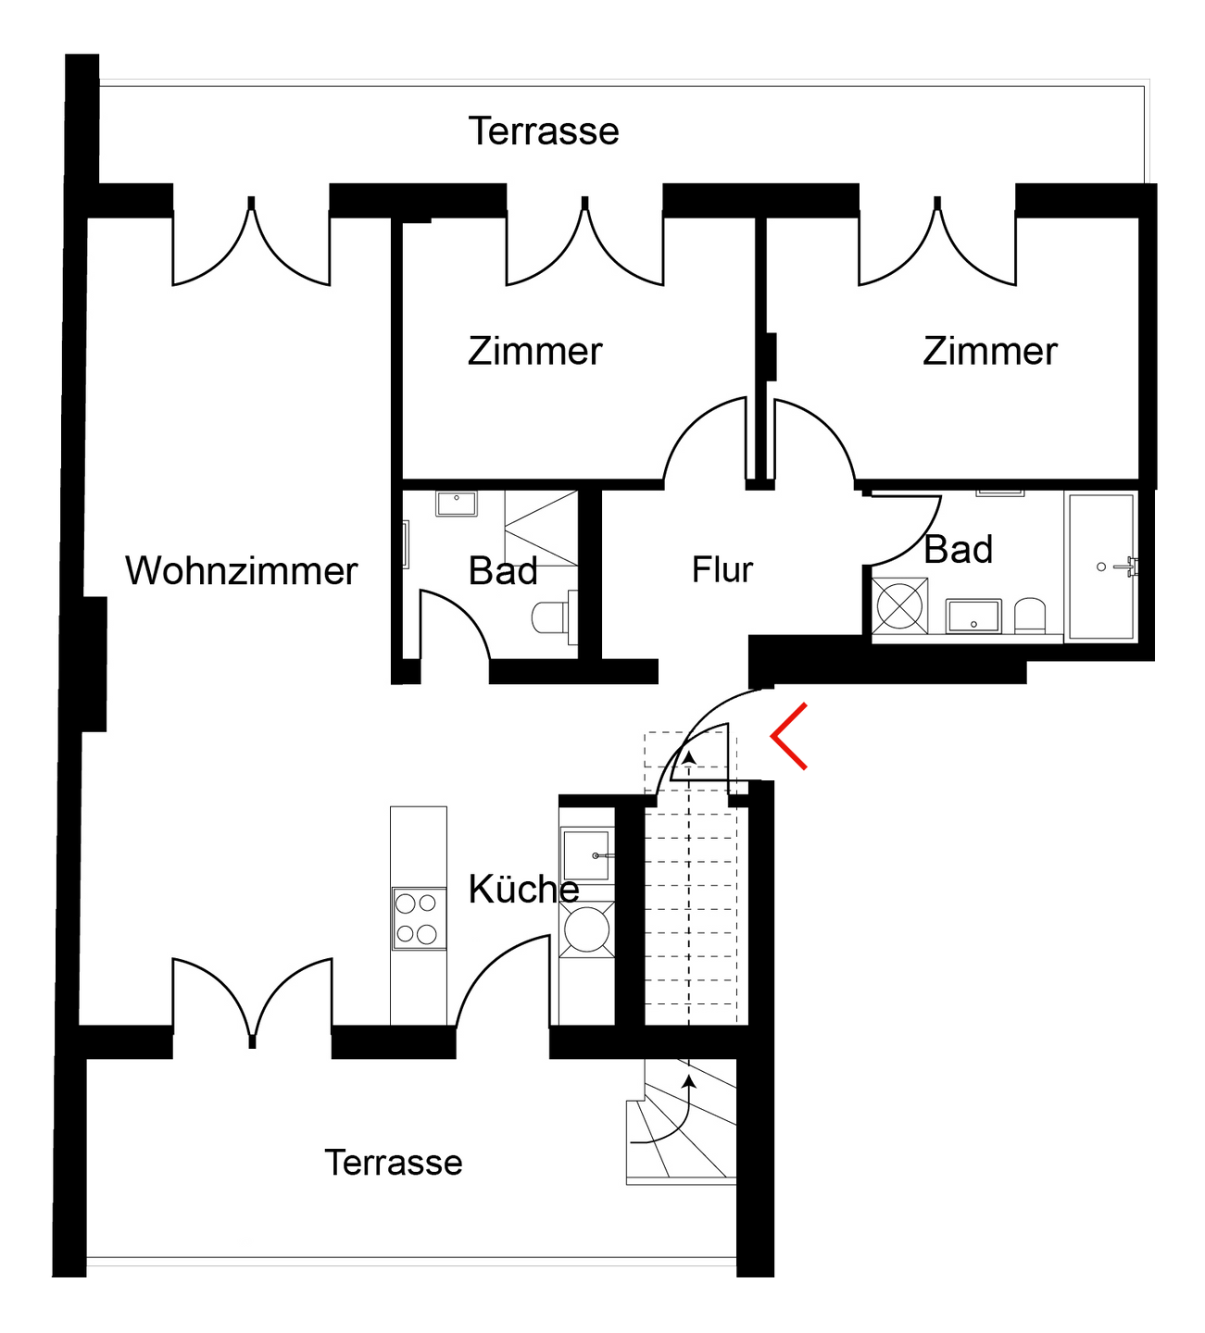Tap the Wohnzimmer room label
241,571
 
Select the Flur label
722,569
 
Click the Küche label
523,890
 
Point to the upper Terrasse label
544,131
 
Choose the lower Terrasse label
394,1162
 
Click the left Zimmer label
534,352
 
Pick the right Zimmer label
989,352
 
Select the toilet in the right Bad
1029,615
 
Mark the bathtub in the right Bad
1102,566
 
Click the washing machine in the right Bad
899,606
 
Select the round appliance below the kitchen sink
585,928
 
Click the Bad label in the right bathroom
959,550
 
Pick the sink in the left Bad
456,504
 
